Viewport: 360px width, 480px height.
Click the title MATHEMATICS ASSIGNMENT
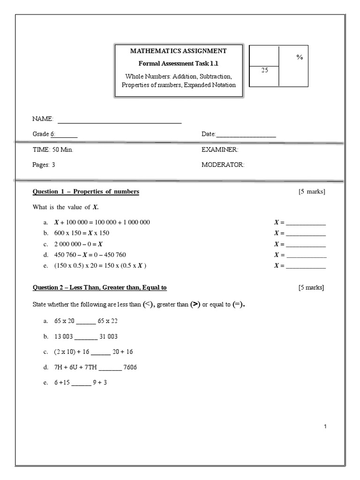coord(178,51)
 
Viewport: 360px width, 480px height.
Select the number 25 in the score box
coord(264,70)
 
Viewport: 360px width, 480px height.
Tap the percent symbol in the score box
coord(300,57)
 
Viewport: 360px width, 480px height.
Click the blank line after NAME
coord(119,121)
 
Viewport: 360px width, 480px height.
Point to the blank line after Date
coord(246,135)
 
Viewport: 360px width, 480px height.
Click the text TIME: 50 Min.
coord(52,150)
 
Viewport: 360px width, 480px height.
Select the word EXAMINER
coord(220,150)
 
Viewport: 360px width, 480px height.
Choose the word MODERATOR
coord(223,165)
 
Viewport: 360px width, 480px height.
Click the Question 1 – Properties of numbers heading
coord(86,192)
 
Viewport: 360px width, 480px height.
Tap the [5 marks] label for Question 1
coord(311,192)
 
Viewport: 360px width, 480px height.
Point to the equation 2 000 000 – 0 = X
coord(79,244)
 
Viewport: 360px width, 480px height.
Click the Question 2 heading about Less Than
coord(99,287)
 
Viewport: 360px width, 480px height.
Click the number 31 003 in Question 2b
coord(109,337)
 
